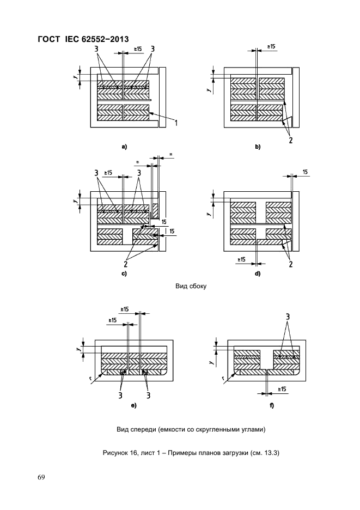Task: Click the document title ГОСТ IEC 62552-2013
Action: click(x=83, y=39)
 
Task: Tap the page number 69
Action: click(x=41, y=477)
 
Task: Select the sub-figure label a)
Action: click(x=124, y=147)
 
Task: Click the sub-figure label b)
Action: click(x=258, y=147)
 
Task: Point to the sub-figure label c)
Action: click(x=124, y=274)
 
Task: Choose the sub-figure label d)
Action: click(x=258, y=274)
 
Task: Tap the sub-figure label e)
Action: click(x=133, y=405)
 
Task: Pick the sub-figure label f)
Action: click(x=272, y=405)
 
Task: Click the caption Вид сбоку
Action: click(x=191, y=287)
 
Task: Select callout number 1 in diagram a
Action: click(x=176, y=123)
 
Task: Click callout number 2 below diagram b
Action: click(x=290, y=140)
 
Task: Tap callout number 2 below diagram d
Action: click(x=290, y=264)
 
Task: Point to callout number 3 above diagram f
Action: click(x=288, y=317)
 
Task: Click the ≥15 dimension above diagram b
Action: click(x=271, y=46)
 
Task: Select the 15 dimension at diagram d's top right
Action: click(x=305, y=172)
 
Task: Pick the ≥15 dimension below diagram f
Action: click(x=282, y=389)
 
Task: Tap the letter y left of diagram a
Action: click(x=75, y=76)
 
